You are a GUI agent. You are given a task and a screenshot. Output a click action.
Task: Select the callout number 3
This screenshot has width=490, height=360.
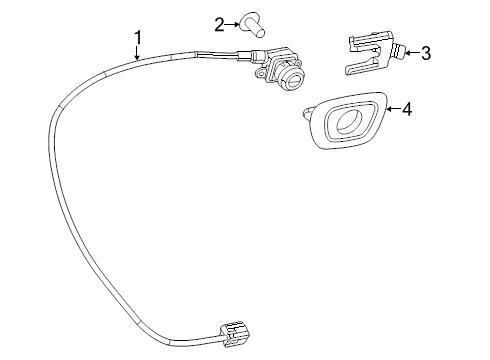[426, 51]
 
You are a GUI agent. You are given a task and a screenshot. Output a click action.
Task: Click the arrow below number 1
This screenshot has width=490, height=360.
[139, 56]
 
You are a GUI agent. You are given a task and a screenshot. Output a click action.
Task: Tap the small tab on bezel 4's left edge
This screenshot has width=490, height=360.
[308, 115]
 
